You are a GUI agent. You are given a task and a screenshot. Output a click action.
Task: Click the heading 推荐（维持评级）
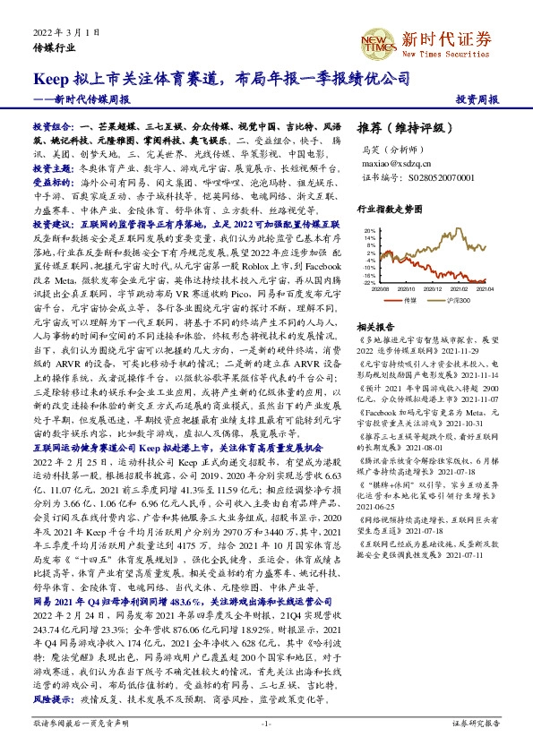[x=397, y=127]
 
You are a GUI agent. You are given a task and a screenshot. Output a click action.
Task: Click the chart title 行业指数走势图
[x=388, y=207]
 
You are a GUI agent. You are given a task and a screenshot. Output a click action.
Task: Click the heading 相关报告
[x=372, y=328]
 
